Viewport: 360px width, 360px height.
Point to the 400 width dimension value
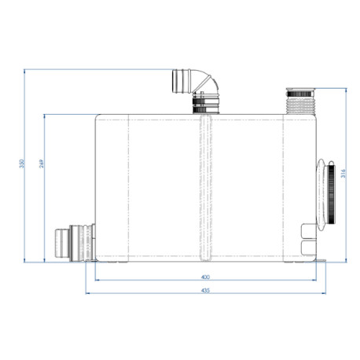pyautogui.click(x=205, y=277)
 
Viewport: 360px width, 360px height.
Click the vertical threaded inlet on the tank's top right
pyautogui.click(x=302, y=100)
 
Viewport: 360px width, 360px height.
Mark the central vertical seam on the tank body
pyautogui.click(x=205, y=189)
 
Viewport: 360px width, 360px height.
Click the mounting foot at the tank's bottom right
pyautogui.click(x=321, y=260)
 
